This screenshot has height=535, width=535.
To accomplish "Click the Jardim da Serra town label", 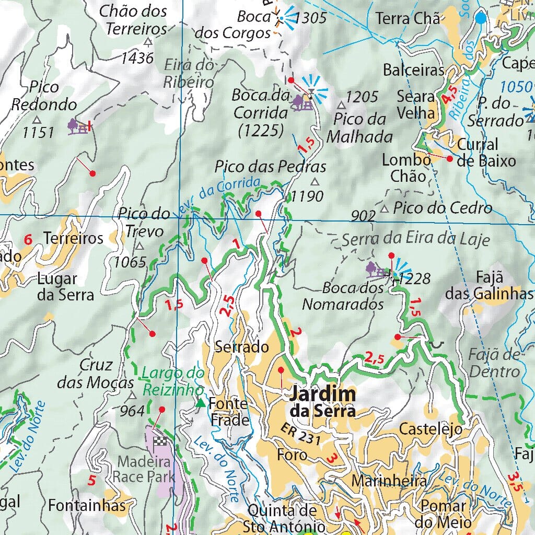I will (323, 401).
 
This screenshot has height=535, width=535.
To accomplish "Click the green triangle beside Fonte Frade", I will (200, 403).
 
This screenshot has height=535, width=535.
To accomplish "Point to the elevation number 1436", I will (137, 57).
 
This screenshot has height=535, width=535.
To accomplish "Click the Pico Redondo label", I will (44, 96).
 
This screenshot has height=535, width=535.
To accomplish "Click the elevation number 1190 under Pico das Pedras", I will (307, 196).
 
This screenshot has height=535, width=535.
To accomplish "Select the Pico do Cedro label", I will (443, 208).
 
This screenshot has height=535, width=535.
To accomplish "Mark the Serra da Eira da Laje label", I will (416, 239).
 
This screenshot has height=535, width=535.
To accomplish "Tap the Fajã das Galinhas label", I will (489, 285).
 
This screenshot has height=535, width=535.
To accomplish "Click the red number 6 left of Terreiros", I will (28, 240).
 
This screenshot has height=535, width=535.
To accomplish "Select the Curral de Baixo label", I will (486, 152).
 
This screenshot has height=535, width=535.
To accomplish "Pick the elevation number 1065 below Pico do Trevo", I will (130, 262).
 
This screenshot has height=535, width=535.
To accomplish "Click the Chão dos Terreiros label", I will (133, 20).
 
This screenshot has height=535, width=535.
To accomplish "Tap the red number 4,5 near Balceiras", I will (449, 96).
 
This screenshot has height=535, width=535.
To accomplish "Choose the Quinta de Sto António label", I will (282, 518).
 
